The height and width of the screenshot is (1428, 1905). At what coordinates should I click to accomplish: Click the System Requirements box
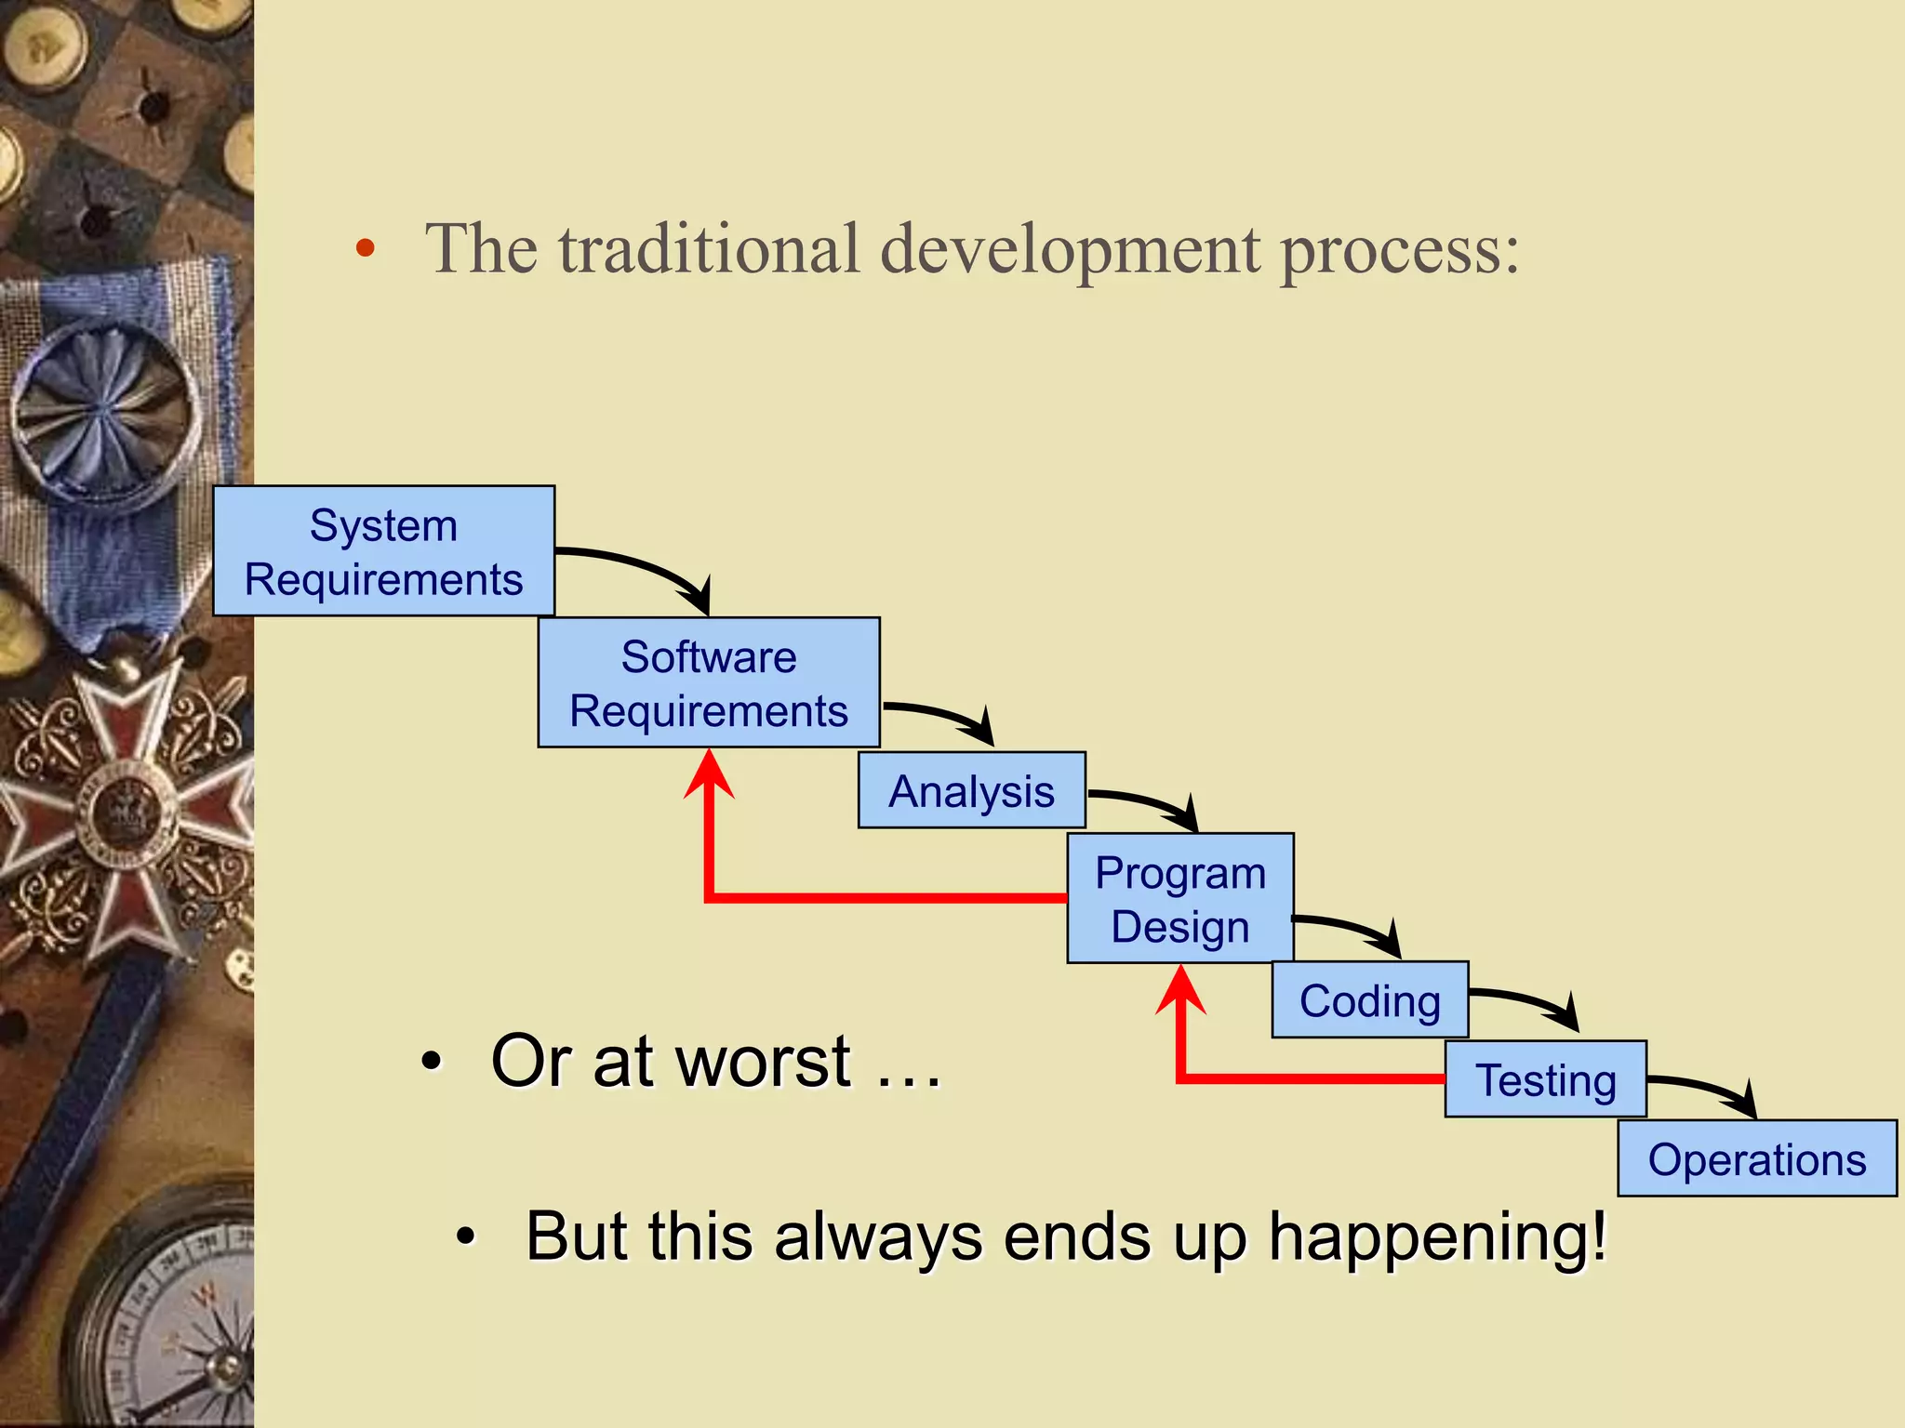(x=383, y=550)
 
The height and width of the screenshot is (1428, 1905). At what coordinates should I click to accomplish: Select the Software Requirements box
(x=709, y=682)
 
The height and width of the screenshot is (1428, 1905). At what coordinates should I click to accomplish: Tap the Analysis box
(x=971, y=790)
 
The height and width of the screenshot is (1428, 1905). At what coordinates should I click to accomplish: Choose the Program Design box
(x=1179, y=898)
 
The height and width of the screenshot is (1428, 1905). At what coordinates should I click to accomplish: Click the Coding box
(x=1369, y=1000)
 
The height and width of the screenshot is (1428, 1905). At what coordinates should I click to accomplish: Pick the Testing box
(x=1545, y=1079)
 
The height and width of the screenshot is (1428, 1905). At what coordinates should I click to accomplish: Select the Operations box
(x=1756, y=1158)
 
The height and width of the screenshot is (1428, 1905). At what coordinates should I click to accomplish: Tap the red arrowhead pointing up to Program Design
(x=1180, y=991)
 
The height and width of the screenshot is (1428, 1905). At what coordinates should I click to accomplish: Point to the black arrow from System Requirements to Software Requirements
(x=642, y=568)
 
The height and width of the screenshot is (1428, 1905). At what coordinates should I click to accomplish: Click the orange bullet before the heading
(x=366, y=248)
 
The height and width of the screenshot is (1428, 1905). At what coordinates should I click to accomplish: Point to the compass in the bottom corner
(x=177, y=1320)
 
